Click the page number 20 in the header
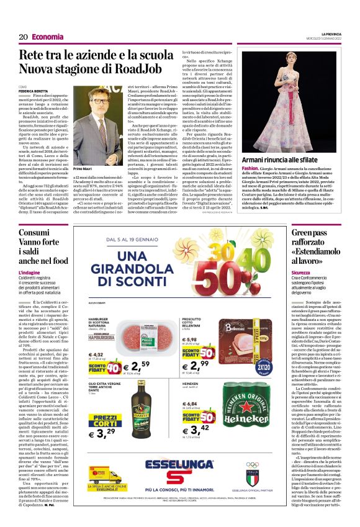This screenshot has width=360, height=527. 23,37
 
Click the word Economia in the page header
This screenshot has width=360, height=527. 49,37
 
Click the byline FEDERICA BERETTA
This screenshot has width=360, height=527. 52,90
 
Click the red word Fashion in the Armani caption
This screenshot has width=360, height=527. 250,168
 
